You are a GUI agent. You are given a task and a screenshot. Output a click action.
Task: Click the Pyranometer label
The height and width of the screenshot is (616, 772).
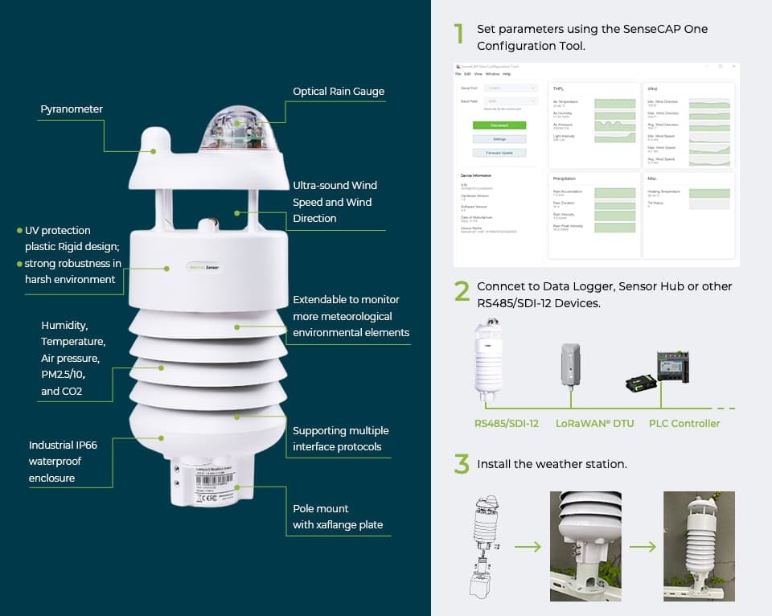coord(72,109)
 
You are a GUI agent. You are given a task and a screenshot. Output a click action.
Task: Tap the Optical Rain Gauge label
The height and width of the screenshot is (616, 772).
coord(339,92)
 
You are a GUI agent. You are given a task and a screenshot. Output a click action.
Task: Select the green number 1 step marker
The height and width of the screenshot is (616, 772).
coord(459,34)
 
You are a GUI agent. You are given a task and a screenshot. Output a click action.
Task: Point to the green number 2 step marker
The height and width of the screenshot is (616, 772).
coord(461,291)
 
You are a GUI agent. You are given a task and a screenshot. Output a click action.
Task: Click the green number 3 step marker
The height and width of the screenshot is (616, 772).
coord(461,464)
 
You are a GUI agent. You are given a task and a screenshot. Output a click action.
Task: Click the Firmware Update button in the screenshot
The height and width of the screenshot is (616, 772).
coord(499,153)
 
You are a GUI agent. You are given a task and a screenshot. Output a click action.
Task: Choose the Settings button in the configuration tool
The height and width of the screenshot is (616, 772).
coord(499,139)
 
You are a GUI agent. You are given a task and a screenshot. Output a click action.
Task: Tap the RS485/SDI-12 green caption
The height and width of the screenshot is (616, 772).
coord(507,423)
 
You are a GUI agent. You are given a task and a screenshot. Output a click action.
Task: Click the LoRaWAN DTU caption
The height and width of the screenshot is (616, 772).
coord(594,423)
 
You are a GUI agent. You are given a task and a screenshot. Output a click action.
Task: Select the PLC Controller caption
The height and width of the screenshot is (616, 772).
coord(684,423)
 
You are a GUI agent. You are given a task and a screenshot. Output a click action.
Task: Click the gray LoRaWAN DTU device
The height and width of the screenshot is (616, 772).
coord(569,365)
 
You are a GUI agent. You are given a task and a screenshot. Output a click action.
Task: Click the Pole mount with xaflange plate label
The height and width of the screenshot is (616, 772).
coord(338,517)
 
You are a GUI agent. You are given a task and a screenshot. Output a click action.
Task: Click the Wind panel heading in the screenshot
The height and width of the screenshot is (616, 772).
coord(652,88)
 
